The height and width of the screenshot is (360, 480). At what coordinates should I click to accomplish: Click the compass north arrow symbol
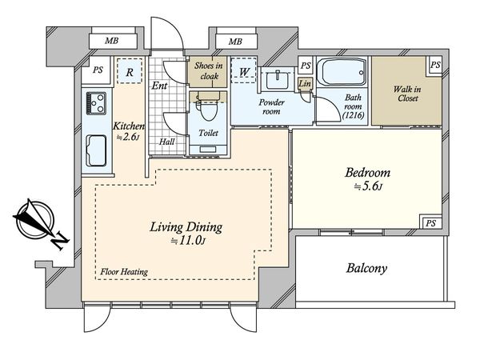pos(39,222)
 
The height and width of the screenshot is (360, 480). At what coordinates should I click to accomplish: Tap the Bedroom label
pos(368,173)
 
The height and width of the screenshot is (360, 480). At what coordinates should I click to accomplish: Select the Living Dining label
pos(186,227)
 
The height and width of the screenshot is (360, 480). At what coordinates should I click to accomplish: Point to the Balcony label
pos(366,268)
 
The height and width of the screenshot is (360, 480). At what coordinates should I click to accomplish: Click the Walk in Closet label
pos(407,94)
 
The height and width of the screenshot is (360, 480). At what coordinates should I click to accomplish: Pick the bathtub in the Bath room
pos(342,72)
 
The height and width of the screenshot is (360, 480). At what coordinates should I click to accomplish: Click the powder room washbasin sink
pos(278,79)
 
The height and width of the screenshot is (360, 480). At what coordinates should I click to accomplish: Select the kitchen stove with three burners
pos(96,103)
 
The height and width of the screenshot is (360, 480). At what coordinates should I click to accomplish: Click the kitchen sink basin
pos(96,150)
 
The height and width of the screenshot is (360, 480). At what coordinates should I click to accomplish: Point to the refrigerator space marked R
pos(130,71)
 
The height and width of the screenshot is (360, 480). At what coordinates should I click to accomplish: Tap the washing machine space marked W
pos(244,70)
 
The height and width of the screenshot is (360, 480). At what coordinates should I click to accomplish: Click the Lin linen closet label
pos(305,83)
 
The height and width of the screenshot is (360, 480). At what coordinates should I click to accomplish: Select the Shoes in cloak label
pos(209,71)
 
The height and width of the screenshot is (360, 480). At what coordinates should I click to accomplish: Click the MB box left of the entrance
pos(113,41)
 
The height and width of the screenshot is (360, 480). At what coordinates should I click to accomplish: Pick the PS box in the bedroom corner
pos(430,223)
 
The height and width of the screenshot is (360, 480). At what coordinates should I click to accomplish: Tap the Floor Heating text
pos(124,271)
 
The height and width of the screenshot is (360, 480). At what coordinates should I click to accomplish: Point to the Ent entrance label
pos(159,86)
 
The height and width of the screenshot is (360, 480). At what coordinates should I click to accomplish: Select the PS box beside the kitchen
pos(98,70)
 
